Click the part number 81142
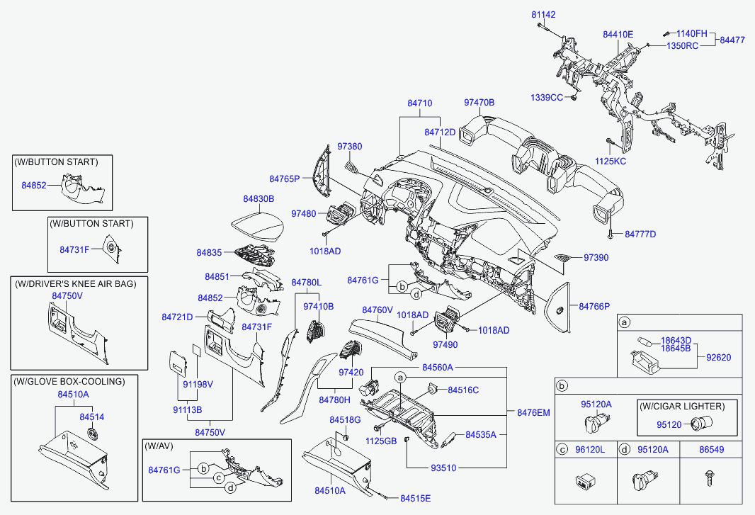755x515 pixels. (x=544, y=14)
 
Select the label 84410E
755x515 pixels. (x=618, y=34)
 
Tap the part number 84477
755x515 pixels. (x=732, y=40)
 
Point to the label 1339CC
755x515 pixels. (x=547, y=97)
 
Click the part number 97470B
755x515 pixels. (x=479, y=103)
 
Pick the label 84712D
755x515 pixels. (x=440, y=132)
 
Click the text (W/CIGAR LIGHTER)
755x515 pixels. (x=682, y=407)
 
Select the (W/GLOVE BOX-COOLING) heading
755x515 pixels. (x=69, y=382)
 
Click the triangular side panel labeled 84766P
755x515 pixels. (x=560, y=307)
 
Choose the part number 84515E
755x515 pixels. (x=415, y=498)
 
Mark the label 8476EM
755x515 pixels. (x=533, y=412)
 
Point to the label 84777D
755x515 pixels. (x=640, y=234)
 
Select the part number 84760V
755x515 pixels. (x=377, y=310)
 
